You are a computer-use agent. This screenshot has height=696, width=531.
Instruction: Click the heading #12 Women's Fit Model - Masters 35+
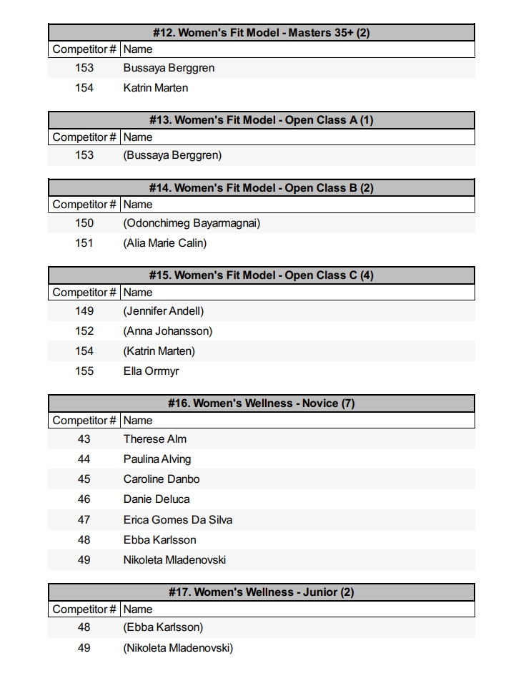(x=261, y=32)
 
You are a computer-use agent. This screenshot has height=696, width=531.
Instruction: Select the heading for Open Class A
(x=261, y=120)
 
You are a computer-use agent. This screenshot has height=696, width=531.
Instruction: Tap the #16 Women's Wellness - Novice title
(x=261, y=403)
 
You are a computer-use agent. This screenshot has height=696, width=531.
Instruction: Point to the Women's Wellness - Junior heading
(x=261, y=592)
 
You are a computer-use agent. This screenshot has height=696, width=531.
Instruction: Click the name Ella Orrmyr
(x=151, y=371)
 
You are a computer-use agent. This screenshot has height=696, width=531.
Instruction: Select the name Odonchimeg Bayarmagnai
(x=192, y=223)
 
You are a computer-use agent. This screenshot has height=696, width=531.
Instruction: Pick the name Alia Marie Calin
(x=165, y=243)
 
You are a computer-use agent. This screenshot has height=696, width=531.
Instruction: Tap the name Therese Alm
(x=154, y=439)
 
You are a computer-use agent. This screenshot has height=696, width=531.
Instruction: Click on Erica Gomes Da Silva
(x=177, y=520)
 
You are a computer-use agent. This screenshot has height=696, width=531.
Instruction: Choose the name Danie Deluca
(x=156, y=499)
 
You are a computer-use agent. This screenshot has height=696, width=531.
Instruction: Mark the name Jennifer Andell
(x=164, y=311)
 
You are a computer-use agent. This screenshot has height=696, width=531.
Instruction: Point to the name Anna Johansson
(x=168, y=331)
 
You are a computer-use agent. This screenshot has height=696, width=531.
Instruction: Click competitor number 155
(x=84, y=371)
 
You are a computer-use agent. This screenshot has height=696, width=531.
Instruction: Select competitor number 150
(x=84, y=223)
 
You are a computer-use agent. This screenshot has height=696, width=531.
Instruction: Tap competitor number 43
(x=84, y=439)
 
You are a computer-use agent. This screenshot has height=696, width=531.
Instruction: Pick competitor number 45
(x=84, y=479)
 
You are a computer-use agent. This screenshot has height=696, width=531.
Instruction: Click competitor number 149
(x=84, y=311)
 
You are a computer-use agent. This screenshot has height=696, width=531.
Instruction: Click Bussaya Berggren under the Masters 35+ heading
(x=169, y=68)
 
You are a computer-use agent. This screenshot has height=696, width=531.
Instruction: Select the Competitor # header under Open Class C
(x=84, y=293)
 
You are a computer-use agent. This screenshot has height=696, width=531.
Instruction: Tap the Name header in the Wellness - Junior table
(x=138, y=609)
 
